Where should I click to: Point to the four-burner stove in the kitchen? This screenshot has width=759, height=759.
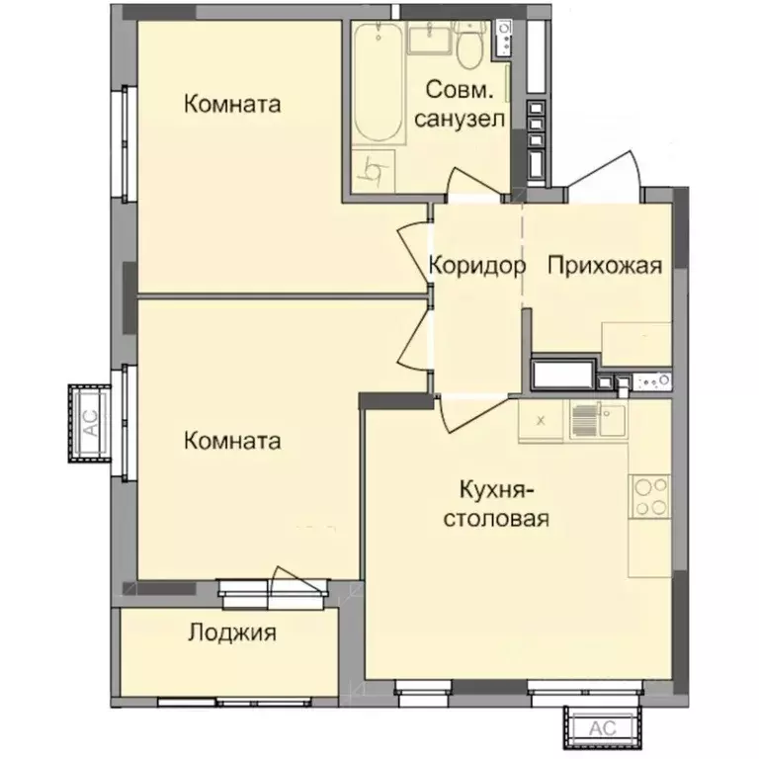[650, 495]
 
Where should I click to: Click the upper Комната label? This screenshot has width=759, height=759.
[232, 104]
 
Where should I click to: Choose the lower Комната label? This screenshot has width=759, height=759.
[232, 441]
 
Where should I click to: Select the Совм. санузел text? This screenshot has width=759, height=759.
[461, 104]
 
